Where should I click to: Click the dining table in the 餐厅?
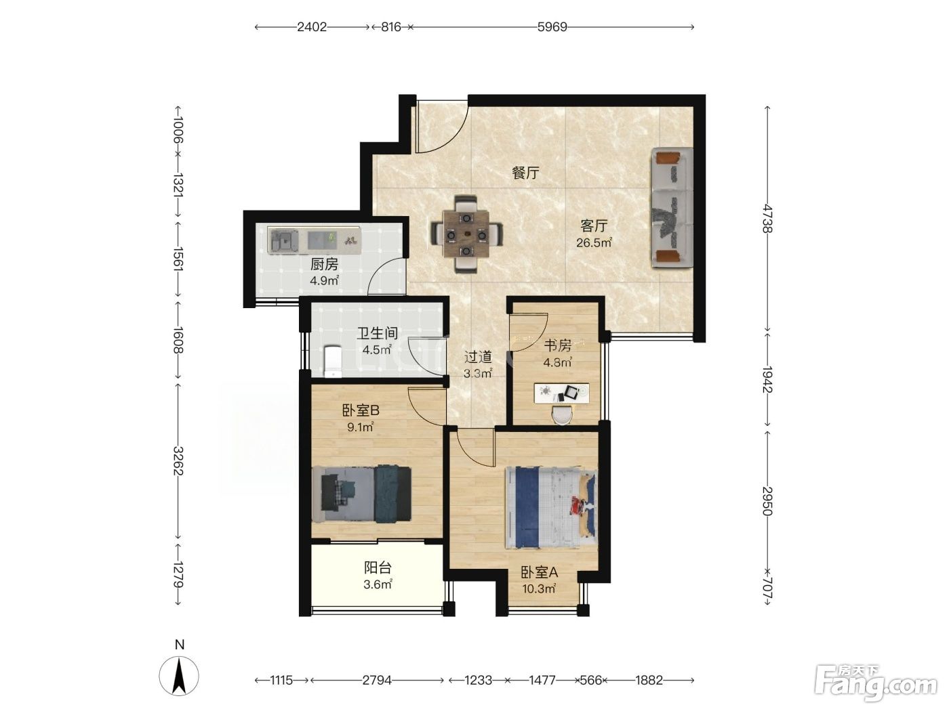click(466, 234)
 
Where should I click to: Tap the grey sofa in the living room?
click(672, 208)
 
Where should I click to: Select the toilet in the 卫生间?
click(332, 361)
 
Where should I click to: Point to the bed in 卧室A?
click(551, 507)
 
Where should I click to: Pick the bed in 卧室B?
click(361, 494)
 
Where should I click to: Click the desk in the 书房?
click(562, 393)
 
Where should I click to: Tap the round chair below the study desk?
click(562, 414)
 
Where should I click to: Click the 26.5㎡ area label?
click(594, 242)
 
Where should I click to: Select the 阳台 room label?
click(378, 567)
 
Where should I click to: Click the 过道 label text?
click(478, 357)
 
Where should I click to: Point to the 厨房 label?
click(324, 264)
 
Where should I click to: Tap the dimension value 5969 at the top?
click(552, 27)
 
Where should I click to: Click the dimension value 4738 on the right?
click(767, 219)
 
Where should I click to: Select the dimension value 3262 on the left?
click(178, 461)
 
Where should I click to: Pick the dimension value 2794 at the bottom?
click(377, 681)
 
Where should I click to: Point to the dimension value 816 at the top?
click(391, 27)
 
